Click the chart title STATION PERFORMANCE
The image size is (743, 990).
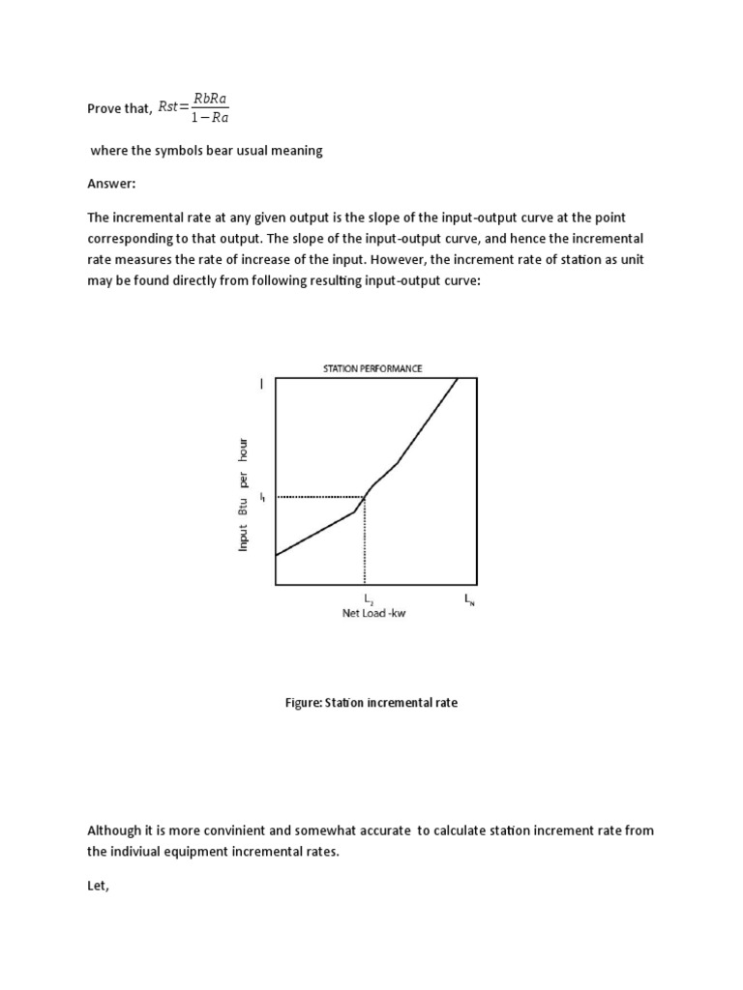tap(372, 367)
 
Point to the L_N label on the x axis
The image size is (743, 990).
tap(469, 600)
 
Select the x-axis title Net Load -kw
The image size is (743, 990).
tap(373, 614)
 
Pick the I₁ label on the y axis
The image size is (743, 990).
tap(261, 497)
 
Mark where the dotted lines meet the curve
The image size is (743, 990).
tap(365, 497)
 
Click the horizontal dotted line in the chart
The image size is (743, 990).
tap(319, 497)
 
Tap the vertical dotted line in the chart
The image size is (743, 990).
tap(365, 541)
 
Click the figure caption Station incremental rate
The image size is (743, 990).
tap(371, 703)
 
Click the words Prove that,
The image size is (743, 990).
tap(120, 109)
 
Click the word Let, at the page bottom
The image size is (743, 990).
tap(99, 886)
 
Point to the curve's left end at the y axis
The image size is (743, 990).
tap(277, 555)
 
